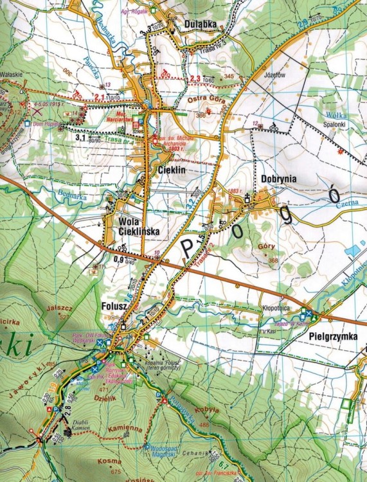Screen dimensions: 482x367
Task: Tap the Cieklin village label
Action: click(x=171, y=170)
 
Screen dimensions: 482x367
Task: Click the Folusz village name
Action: click(x=116, y=306)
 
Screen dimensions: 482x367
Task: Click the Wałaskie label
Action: click(x=12, y=74)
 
